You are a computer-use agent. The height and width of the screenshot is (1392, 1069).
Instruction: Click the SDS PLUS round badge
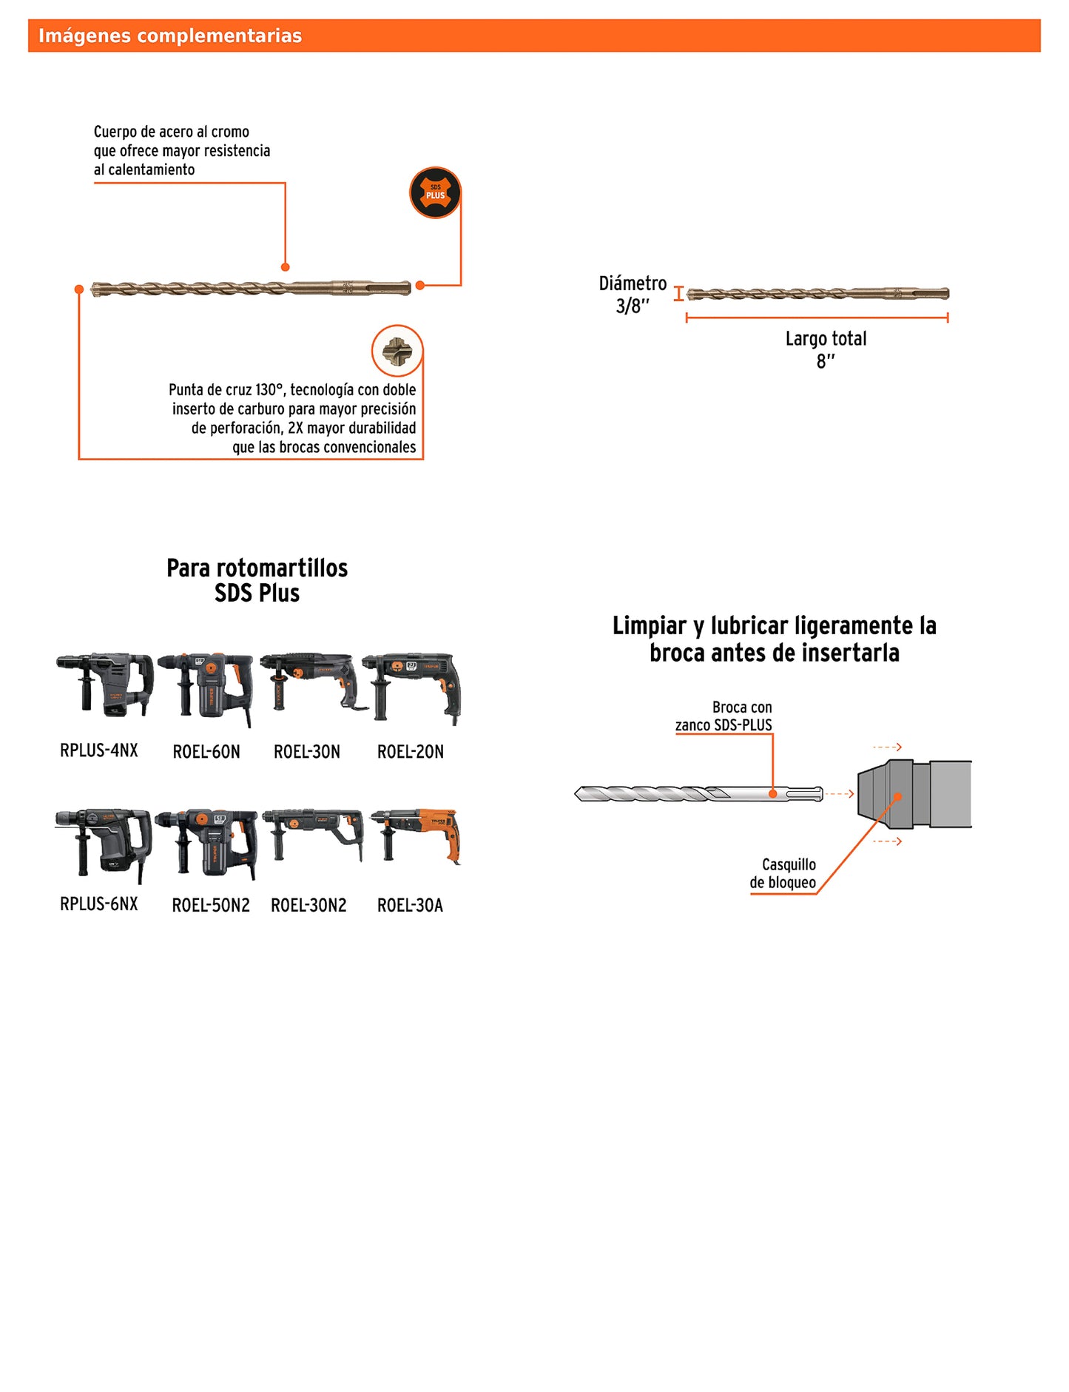click(435, 192)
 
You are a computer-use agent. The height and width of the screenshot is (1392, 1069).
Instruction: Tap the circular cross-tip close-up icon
click(397, 351)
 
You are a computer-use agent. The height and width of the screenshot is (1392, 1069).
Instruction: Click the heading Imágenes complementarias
click(170, 36)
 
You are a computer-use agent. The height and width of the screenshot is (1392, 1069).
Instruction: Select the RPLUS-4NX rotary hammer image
click(106, 684)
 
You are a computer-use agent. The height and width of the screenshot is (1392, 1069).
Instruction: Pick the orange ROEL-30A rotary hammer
click(417, 836)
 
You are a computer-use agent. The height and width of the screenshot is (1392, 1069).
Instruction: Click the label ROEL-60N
click(206, 752)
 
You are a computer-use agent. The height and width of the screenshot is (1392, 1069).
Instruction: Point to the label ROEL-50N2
click(211, 905)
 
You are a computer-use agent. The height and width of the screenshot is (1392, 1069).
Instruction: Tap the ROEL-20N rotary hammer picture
click(412, 686)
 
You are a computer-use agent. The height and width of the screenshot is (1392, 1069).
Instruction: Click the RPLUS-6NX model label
click(99, 904)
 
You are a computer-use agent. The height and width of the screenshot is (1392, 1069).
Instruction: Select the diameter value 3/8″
click(633, 306)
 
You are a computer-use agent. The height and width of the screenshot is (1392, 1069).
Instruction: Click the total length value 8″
click(826, 361)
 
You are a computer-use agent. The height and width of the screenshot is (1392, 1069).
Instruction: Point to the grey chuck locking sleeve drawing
click(914, 794)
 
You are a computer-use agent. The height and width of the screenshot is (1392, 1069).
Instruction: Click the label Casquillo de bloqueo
click(783, 873)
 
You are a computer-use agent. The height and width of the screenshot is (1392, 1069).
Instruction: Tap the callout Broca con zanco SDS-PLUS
click(724, 716)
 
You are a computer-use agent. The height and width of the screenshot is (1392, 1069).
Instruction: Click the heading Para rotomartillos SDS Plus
click(257, 580)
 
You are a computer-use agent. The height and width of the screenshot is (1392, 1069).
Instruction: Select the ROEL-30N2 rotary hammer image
click(313, 834)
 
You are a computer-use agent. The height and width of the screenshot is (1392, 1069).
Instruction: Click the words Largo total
click(826, 339)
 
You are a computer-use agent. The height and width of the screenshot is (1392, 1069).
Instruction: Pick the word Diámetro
click(633, 283)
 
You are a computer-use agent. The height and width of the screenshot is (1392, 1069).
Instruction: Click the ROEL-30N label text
click(307, 752)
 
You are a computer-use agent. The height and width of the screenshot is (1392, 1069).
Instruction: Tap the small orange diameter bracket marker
click(678, 294)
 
